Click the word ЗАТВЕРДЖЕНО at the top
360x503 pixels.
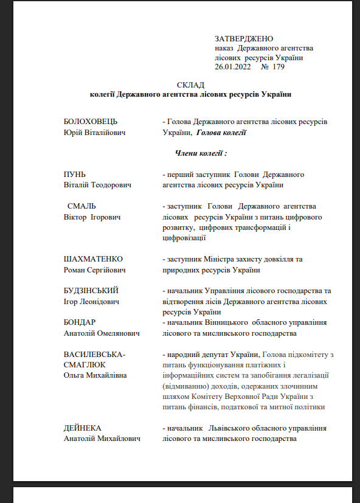click(x=244, y=39)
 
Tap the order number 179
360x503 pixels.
click(x=279, y=67)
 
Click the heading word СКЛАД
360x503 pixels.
click(x=191, y=85)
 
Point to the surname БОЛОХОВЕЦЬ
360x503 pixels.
click(x=91, y=122)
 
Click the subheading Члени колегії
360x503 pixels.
click(x=201, y=153)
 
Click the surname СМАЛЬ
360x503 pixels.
click(x=81, y=206)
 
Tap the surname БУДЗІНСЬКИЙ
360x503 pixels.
click(x=91, y=291)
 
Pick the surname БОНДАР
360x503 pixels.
click(x=80, y=322)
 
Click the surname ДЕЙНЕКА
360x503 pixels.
click(x=82, y=428)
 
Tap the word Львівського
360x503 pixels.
click(x=236, y=428)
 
